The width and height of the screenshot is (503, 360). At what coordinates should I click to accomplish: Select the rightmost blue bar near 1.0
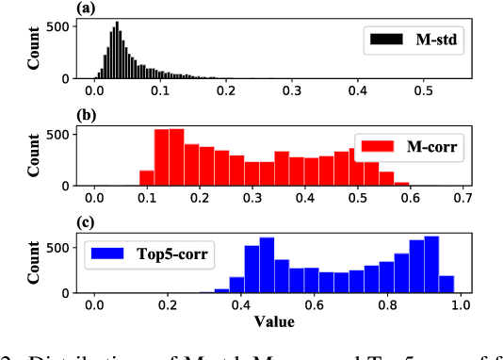[x=446, y=284]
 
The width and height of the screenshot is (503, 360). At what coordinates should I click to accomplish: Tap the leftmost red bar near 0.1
[x=146, y=177]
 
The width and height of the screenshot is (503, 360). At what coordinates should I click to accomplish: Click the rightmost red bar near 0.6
[x=401, y=181]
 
